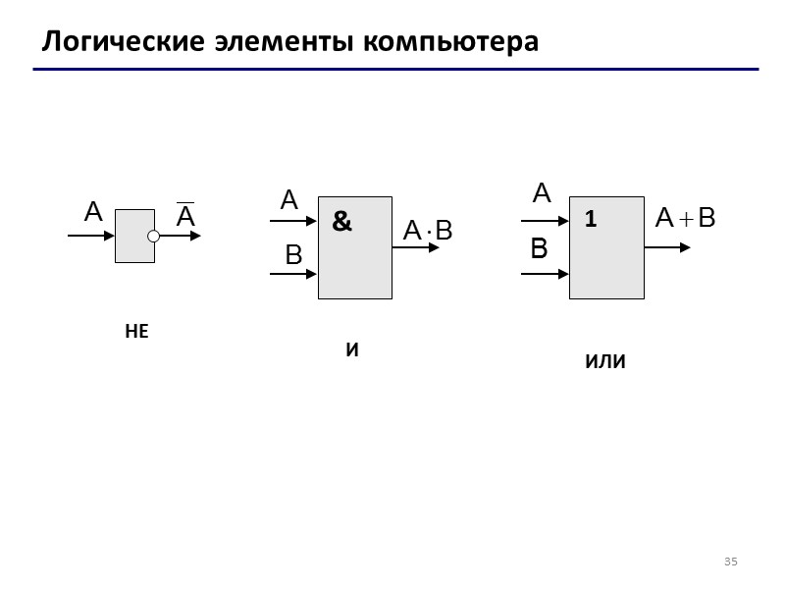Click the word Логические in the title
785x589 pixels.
123,42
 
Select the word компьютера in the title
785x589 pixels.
451,42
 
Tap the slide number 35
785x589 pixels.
730,562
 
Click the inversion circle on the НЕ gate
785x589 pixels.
154,237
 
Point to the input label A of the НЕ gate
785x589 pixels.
93,212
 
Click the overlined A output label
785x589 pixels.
185,216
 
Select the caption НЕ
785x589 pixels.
136,332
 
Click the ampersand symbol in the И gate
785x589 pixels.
341,222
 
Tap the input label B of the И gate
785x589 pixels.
293,256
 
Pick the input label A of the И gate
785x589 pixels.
288,201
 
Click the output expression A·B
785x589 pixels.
429,231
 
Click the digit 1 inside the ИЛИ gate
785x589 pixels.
591,221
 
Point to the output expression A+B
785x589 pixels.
686,219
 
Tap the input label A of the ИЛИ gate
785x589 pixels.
541,193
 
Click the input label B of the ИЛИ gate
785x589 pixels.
539,250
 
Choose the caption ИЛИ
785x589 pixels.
604,362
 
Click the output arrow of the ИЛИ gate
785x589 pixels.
667,247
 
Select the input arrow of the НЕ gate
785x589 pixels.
90,237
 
